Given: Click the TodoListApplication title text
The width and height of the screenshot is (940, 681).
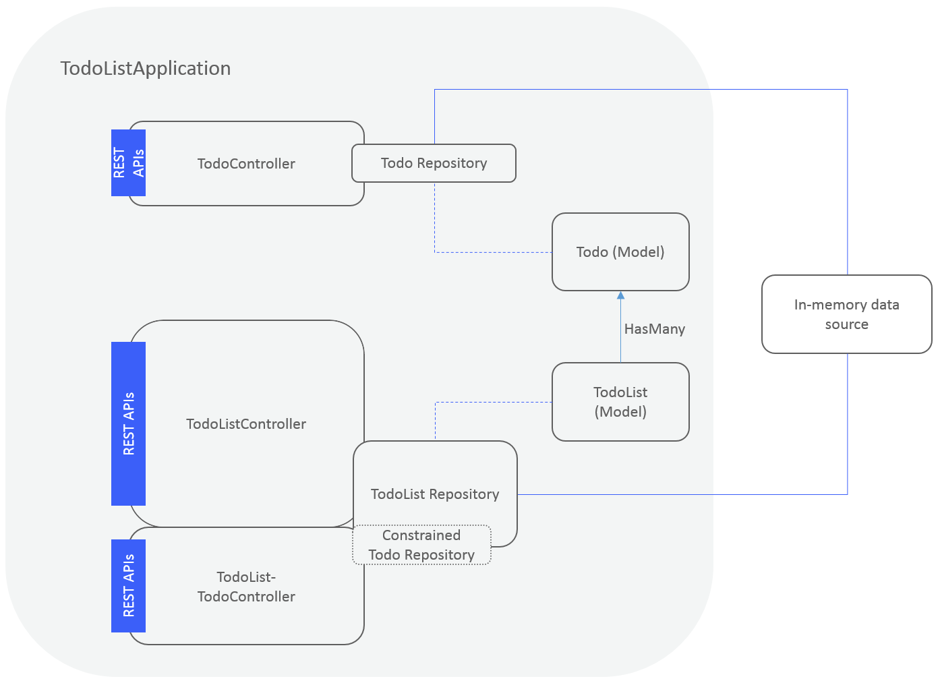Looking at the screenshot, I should [x=146, y=69].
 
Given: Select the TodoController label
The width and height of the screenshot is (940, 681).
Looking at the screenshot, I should [x=246, y=164].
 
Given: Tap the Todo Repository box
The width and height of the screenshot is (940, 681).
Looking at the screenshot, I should [x=434, y=163].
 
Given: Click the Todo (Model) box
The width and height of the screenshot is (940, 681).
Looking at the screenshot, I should [x=620, y=252].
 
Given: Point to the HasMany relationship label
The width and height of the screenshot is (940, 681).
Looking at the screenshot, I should [x=654, y=329].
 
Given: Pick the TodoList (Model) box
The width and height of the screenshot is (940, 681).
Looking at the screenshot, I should [x=620, y=402].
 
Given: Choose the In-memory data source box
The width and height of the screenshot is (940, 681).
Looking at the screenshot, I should [x=846, y=314].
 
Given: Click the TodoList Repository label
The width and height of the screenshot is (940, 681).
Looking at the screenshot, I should [x=435, y=494].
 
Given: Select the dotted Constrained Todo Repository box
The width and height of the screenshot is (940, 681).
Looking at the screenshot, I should [x=421, y=545].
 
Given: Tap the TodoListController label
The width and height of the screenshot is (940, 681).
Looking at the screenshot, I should [x=246, y=424].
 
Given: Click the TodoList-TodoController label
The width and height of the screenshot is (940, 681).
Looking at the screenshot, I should [x=246, y=587].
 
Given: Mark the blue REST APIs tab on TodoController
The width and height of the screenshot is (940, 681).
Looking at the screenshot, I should [x=128, y=162].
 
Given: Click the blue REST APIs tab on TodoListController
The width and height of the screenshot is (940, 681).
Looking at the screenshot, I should [x=128, y=423].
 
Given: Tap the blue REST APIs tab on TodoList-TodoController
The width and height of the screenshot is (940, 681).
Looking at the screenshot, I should [x=128, y=585].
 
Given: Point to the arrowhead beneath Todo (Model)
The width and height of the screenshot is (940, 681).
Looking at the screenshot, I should [x=620, y=295].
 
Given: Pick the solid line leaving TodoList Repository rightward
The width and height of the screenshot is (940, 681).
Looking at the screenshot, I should [x=674, y=494].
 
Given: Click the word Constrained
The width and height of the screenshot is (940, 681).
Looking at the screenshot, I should [x=421, y=535].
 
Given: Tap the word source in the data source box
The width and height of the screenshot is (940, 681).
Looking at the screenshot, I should [x=846, y=324].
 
